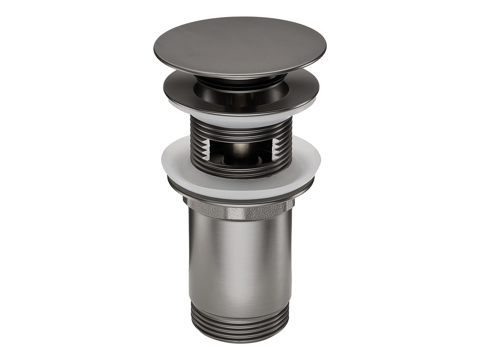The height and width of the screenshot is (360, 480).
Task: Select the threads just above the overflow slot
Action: click(240, 129)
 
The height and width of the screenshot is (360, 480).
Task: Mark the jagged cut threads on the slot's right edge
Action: click(277, 150)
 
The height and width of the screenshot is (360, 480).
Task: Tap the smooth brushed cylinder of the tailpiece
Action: click(240, 262)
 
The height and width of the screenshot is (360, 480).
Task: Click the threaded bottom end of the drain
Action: click(240, 330)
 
